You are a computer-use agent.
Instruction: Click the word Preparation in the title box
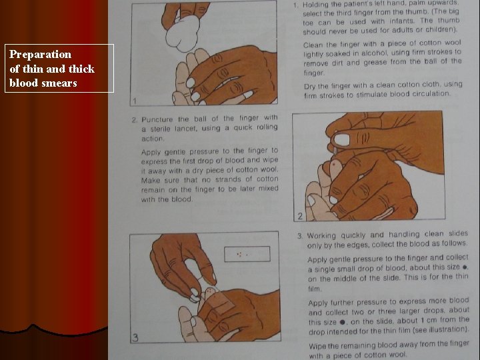click(40, 55)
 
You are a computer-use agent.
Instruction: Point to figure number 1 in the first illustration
click(135, 101)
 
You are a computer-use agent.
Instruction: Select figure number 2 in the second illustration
click(300, 215)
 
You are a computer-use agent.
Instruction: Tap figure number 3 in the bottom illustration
click(135, 337)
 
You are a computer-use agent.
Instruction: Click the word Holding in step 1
click(321, 5)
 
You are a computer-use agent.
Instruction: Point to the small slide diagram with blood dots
click(247, 254)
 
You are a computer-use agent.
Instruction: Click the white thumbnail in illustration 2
click(340, 140)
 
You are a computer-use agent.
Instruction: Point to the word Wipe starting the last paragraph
click(318, 345)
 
